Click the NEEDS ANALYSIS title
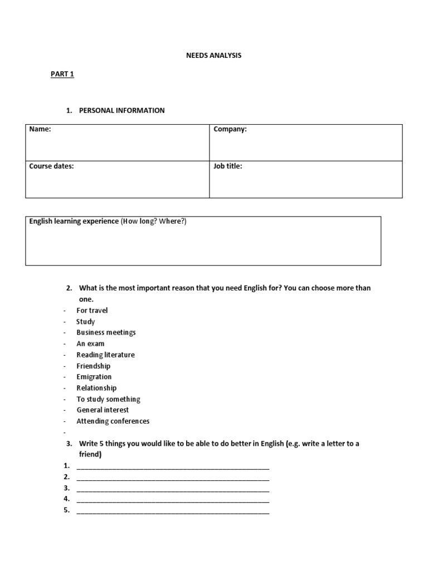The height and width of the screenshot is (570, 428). point(214,56)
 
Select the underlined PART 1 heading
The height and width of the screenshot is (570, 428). point(62,74)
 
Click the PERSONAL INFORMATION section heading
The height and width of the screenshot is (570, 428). point(121,110)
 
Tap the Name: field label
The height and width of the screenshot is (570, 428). point(40,129)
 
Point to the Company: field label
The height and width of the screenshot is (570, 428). point(230,129)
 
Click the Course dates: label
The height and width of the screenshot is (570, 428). point(51,166)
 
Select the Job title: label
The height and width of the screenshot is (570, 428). point(228,166)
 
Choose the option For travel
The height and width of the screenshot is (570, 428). point(92,310)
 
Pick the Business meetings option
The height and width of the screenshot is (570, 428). point(106,332)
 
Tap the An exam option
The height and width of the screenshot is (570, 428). point(90,343)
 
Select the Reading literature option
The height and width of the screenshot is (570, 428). point(105,355)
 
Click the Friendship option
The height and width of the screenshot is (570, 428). point(94,366)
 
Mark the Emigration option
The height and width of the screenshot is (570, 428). point(94,377)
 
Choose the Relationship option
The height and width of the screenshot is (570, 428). point(96,388)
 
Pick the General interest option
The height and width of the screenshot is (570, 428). point(103,410)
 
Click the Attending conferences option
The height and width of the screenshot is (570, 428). point(113,421)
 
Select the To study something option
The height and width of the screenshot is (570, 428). point(108,399)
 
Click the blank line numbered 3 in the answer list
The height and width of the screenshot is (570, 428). point(173,489)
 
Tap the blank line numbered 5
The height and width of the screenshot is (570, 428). point(173,510)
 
